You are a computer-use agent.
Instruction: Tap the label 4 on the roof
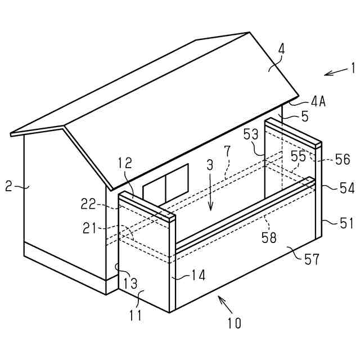281,49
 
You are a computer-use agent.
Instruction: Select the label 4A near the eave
318,102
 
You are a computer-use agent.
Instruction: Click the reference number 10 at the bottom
234,323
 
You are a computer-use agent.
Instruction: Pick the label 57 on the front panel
311,259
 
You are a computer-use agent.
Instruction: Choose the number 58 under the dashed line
269,237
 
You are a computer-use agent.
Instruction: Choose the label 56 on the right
342,159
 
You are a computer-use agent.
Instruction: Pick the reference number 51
346,223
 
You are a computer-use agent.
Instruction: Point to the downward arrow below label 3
210,197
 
